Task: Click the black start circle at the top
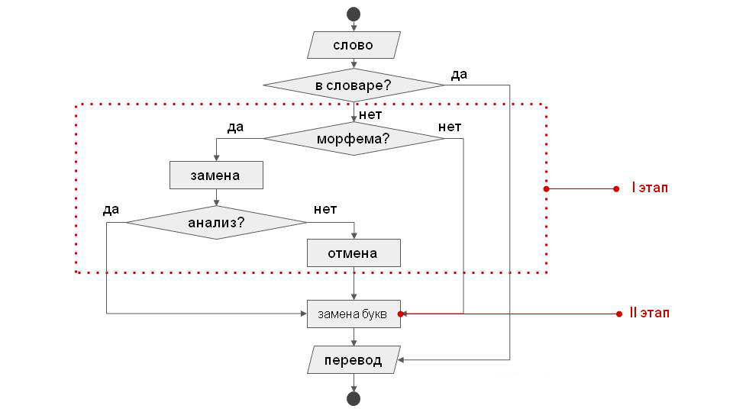[x=353, y=14]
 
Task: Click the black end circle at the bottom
[x=353, y=398]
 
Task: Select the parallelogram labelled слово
[x=354, y=45]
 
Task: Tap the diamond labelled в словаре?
[x=354, y=85]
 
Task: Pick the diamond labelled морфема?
[x=354, y=139]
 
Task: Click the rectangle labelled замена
[x=216, y=175]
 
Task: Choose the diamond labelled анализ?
[x=216, y=223]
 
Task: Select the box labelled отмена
[x=354, y=253]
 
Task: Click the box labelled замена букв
[x=354, y=314]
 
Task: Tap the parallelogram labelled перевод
[x=354, y=359]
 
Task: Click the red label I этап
[x=649, y=188]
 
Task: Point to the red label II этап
[x=649, y=313]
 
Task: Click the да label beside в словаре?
[x=459, y=75]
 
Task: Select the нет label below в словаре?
[x=370, y=115]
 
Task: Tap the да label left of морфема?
[x=235, y=127]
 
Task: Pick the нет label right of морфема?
[x=450, y=127]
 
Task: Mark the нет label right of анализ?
[x=325, y=209]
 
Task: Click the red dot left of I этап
[x=616, y=188]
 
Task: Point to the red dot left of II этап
[x=616, y=314]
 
